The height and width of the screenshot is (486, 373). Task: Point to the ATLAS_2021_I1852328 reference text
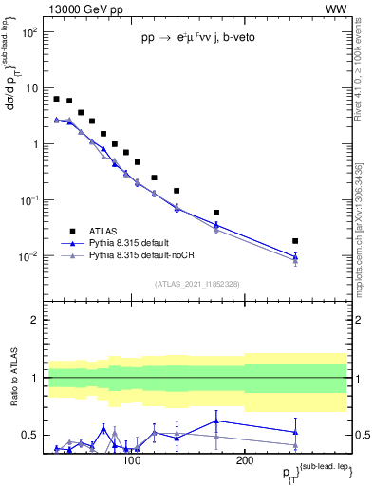pos(196,284)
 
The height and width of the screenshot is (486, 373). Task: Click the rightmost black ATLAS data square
pos(295,241)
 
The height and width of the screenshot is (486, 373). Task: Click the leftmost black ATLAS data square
pos(57,99)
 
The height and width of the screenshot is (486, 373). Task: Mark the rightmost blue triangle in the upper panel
pos(295,256)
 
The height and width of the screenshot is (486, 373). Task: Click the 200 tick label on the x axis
pos(244,461)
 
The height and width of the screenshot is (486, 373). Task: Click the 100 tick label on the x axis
pos(131,461)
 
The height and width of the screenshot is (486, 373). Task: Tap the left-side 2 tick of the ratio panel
pos(35,321)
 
